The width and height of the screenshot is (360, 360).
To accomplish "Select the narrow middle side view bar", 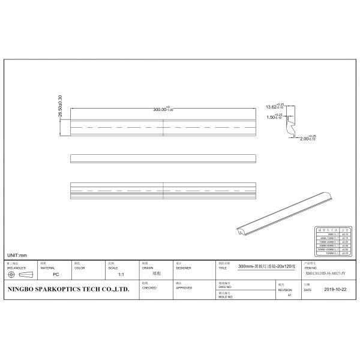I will [163, 158].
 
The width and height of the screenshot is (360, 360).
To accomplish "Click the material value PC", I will [55, 274].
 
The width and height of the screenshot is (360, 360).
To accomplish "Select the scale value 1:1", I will [121, 274].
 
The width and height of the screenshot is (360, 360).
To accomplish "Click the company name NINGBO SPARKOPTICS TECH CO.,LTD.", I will [68, 289].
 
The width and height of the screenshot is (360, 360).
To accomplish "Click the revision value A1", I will [289, 295].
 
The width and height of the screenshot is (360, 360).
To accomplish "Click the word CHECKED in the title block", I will [149, 287].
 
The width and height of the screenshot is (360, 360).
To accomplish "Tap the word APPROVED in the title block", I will [184, 287].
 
